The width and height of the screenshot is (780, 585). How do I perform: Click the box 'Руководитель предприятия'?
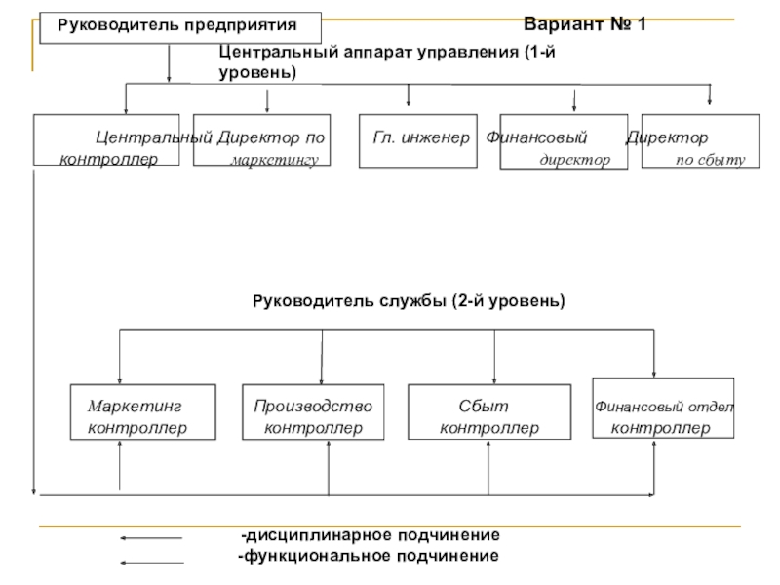click(x=180, y=28)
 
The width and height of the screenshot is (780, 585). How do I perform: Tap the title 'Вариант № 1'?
click(x=584, y=23)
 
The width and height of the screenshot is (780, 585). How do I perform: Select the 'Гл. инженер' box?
click(x=418, y=140)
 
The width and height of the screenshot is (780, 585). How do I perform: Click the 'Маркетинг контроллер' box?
click(x=142, y=411)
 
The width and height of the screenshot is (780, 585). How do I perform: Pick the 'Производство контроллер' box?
click(x=313, y=411)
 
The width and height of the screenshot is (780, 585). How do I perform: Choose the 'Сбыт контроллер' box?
click(x=489, y=411)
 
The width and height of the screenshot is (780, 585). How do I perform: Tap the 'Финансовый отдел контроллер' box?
click(x=663, y=409)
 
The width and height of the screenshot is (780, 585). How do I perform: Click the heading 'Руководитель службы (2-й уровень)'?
click(x=409, y=301)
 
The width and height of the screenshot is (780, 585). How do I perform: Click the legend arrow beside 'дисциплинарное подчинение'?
click(x=151, y=538)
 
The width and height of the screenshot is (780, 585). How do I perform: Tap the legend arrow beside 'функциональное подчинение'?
click(x=152, y=563)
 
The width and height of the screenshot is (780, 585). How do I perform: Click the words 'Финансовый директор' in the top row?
click(x=548, y=148)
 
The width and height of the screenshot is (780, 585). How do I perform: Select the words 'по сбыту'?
click(x=711, y=160)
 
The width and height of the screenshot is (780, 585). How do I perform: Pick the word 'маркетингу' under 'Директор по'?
click(x=274, y=160)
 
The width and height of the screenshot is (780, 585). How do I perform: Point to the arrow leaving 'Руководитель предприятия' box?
click(x=169, y=63)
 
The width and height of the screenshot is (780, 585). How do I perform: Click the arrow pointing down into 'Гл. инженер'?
click(x=409, y=95)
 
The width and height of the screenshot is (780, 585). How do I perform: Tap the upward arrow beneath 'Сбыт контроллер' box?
click(x=488, y=468)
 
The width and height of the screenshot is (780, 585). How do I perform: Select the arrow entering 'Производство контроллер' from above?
click(x=322, y=357)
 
